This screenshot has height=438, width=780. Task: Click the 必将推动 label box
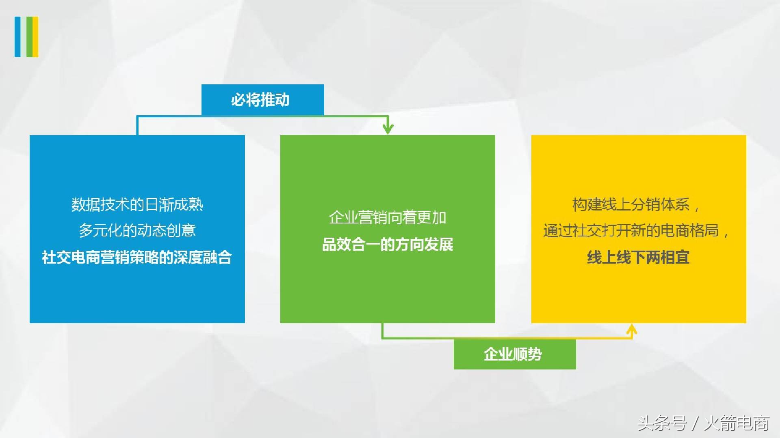[x=262, y=100]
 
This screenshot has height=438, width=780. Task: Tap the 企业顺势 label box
[x=514, y=354]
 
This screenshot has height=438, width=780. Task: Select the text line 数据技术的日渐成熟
[x=137, y=205]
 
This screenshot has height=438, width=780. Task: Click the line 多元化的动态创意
[x=137, y=231]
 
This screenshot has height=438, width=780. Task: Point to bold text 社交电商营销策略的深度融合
[x=137, y=258]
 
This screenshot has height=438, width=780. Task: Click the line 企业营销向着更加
[x=388, y=218]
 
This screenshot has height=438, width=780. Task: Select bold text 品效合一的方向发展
[x=388, y=245]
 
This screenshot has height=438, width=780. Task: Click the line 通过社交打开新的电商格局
[x=635, y=231]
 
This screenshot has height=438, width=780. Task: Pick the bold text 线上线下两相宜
[x=638, y=258]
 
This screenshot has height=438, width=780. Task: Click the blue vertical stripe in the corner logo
[x=18, y=36]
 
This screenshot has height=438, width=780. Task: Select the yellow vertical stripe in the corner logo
[x=36, y=36]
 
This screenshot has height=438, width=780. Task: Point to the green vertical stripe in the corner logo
[x=29, y=36]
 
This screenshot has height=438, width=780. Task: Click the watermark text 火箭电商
[x=737, y=423]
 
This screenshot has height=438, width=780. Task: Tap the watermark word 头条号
[x=662, y=423]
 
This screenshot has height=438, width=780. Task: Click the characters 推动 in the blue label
[x=275, y=100]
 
